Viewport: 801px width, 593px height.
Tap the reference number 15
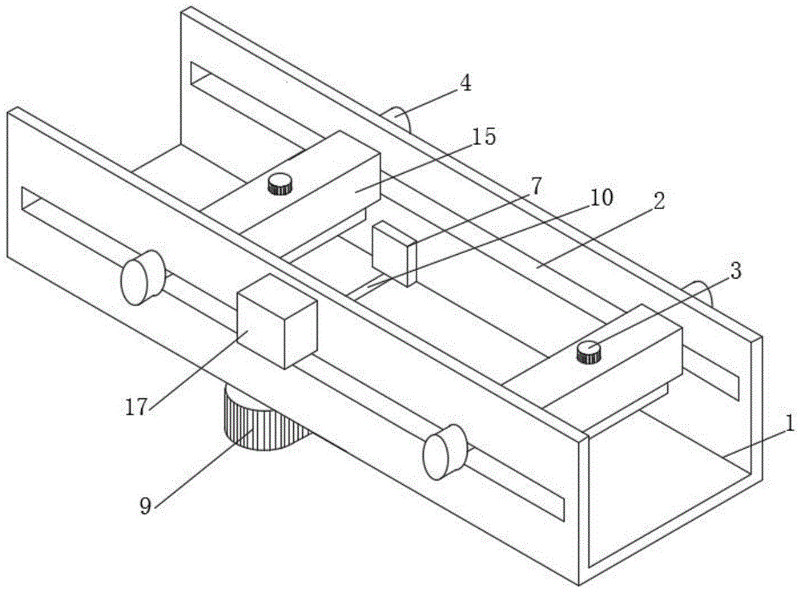(484, 137)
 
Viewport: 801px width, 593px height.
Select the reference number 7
(535, 187)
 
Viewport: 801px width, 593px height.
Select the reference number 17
(136, 406)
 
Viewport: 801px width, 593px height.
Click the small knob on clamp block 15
(280, 184)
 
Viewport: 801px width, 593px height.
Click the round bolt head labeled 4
(398, 120)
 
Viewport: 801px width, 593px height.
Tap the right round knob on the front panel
(445, 452)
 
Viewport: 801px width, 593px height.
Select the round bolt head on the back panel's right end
(698, 293)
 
